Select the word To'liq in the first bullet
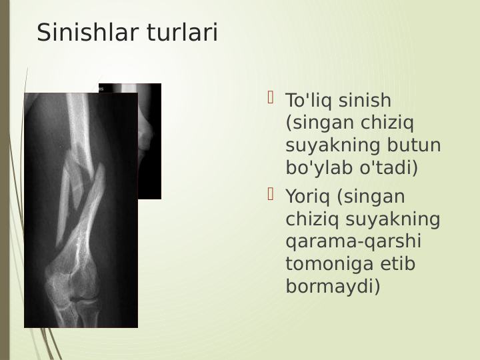pyautogui.click(x=310, y=101)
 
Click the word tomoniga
pyautogui.click(x=323, y=265)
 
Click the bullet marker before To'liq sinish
pyautogui.click(x=271, y=99)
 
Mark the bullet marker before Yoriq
pyautogui.click(x=271, y=195)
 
